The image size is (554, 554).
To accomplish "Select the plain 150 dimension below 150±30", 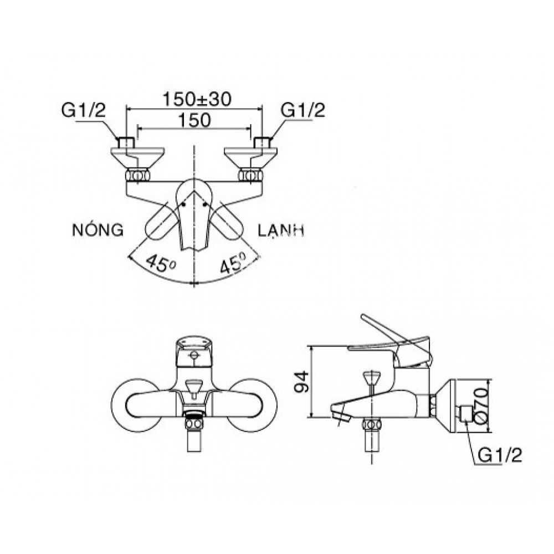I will [x=194, y=120].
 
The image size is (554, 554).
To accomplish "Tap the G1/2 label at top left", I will [x=83, y=110].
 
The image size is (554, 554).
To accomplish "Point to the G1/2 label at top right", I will [x=303, y=110].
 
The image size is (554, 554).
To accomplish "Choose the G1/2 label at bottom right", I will [x=499, y=455].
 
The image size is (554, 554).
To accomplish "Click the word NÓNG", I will [x=97, y=230].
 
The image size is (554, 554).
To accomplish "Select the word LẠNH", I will [x=281, y=230].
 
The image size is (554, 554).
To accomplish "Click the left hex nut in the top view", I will [x=137, y=176].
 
